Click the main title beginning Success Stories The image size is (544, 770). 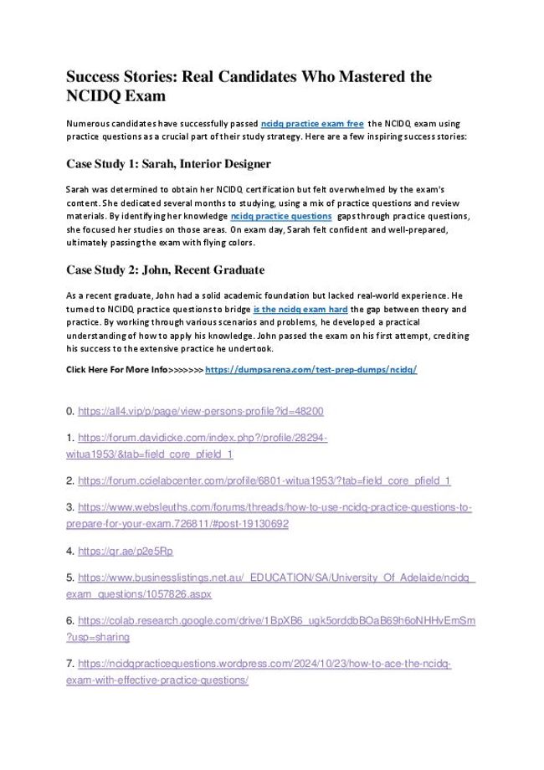249,85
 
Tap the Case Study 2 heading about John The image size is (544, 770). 165,269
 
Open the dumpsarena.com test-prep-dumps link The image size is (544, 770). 310,369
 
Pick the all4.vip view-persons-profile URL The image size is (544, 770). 200,411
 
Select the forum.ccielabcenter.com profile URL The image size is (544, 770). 264,480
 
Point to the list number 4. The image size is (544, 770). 69,551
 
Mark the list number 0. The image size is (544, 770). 69,411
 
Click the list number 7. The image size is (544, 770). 69,664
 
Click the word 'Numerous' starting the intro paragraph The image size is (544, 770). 90,123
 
